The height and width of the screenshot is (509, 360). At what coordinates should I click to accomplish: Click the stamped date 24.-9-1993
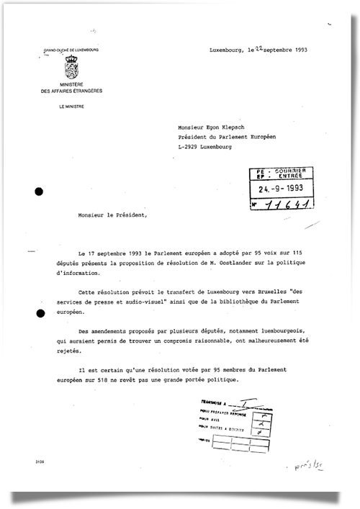[x=282, y=189]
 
